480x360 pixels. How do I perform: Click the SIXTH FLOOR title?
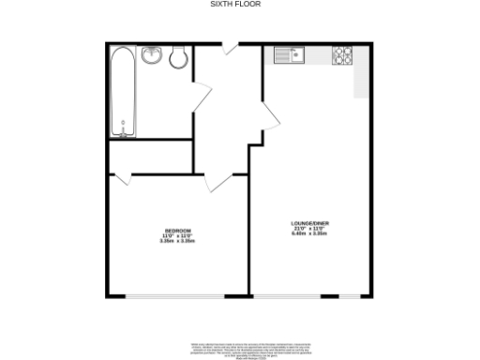coord(234,5)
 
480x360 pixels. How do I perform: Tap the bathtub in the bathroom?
coord(123,92)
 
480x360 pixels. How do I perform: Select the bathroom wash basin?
coord(153,56)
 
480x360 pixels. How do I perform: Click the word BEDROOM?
coord(178,231)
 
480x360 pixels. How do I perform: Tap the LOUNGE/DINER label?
coord(309,223)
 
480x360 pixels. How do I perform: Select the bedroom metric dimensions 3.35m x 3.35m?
coord(178,241)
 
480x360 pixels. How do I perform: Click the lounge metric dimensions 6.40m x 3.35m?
coord(309,234)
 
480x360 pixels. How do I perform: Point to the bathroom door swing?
coord(200,95)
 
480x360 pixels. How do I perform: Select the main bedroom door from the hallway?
coord(217,181)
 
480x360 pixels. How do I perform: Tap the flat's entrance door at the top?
coord(229,43)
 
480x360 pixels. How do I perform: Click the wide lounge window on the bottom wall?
coord(310,296)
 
